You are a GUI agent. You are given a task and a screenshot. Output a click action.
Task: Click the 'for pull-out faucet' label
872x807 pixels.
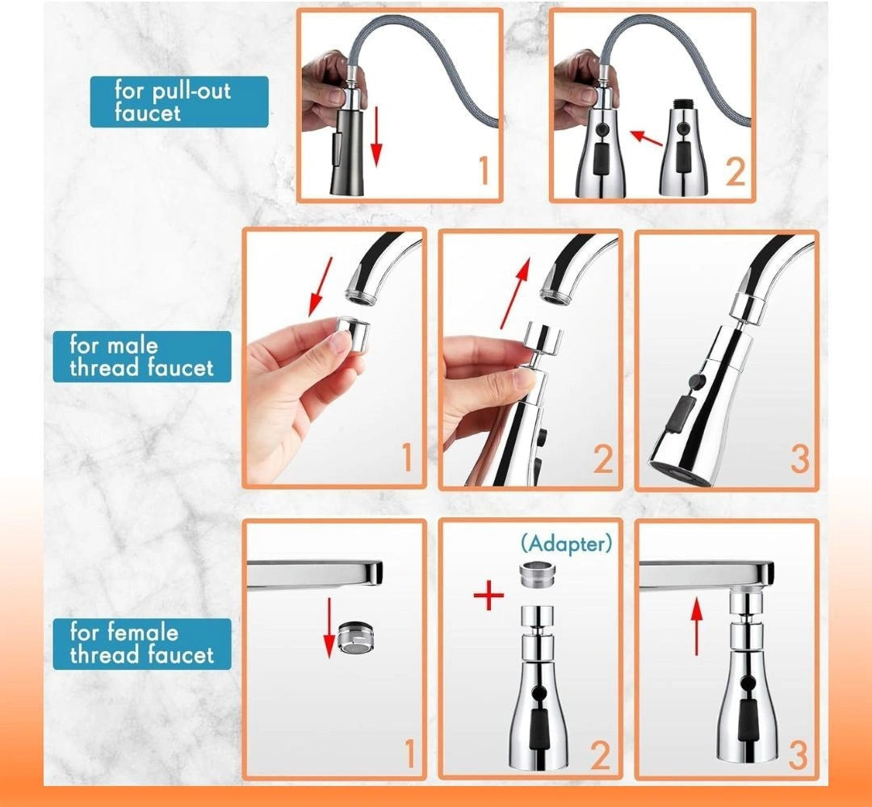(x=178, y=101)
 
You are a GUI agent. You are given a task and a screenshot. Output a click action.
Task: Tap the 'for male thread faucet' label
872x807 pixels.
(x=141, y=357)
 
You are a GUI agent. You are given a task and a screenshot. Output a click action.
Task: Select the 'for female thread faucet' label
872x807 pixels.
(x=141, y=643)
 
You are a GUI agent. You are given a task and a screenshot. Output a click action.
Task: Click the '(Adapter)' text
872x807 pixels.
(x=566, y=543)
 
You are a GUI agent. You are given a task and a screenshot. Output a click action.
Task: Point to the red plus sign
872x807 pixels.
(x=488, y=597)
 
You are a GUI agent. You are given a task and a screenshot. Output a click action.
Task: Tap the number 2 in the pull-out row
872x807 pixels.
(x=734, y=172)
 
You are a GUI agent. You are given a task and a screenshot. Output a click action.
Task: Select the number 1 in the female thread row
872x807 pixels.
(x=409, y=754)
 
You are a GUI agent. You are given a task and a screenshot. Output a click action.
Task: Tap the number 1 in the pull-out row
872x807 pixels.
(x=483, y=171)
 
